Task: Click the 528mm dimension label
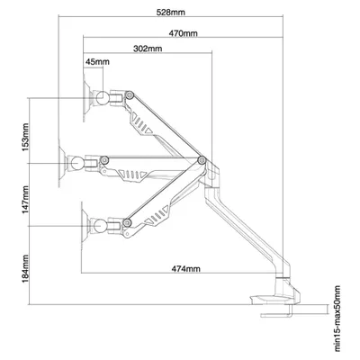[x=171, y=13]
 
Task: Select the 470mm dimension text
[x=183, y=33]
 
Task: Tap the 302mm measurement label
[x=148, y=49]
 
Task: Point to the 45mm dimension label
[x=97, y=62]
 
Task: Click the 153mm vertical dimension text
[x=25, y=138]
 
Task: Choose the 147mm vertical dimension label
[x=25, y=200]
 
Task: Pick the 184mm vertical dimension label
[x=25, y=268]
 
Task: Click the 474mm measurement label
[x=185, y=268]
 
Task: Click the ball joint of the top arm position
[x=103, y=97]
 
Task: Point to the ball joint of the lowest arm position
[x=100, y=225]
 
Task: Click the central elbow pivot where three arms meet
[x=202, y=160]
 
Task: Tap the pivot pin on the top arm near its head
[x=130, y=95]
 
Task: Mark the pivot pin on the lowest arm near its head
[x=128, y=222]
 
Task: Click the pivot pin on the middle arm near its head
[x=104, y=160]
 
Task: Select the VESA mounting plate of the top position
[x=86, y=97]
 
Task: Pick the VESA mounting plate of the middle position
[x=62, y=163]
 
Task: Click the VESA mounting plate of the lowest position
[x=85, y=225]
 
